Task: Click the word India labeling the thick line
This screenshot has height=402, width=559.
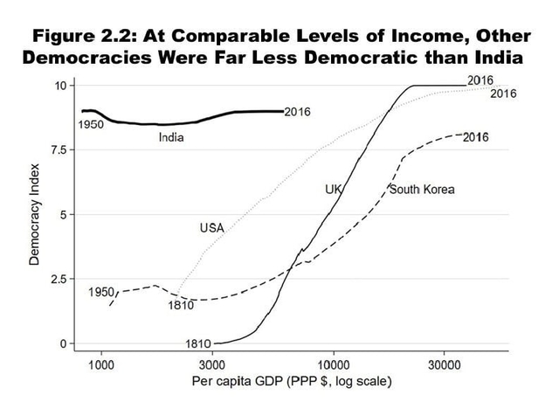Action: click(x=171, y=138)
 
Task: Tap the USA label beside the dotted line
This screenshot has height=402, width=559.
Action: click(x=212, y=228)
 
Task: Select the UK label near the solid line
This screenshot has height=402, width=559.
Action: click(x=333, y=189)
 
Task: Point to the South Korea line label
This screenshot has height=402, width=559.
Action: click(x=422, y=190)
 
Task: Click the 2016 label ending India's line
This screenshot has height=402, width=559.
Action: click(x=299, y=112)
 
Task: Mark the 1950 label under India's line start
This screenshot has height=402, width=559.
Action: click(x=91, y=125)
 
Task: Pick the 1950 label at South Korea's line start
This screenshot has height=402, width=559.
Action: click(x=102, y=291)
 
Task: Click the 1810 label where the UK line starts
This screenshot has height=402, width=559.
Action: click(x=199, y=343)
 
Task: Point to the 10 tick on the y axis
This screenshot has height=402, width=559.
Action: click(x=60, y=85)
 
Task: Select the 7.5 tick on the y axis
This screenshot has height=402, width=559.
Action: click(x=58, y=149)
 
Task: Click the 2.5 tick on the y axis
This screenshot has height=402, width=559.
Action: click(x=58, y=279)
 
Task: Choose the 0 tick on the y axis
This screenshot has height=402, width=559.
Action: click(x=63, y=343)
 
